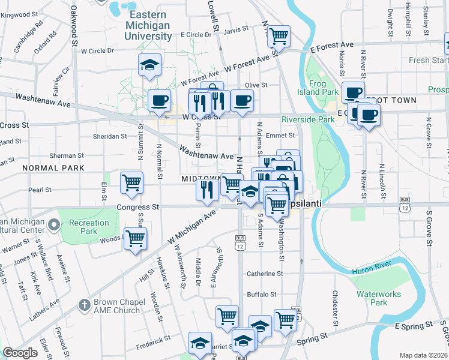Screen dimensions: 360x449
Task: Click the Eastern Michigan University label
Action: pyautogui.click(x=148, y=26)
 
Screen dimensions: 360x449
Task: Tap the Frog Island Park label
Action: pyautogui.click(x=323, y=88)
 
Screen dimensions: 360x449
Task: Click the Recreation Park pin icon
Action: pyautogui.click(x=54, y=226)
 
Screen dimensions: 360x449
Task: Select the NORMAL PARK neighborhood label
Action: pyautogui.click(x=53, y=168)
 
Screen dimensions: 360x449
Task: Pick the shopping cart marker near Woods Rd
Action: pyautogui.click(x=136, y=239)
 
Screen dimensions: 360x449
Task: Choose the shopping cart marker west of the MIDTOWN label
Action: pyautogui.click(x=131, y=182)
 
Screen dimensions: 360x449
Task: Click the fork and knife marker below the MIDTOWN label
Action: pyautogui.click(x=205, y=190)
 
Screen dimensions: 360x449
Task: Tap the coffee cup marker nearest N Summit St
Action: pyautogui.click(x=159, y=100)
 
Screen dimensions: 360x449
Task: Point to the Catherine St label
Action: pyautogui.click(x=265, y=274)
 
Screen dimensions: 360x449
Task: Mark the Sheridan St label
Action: pyautogui.click(x=110, y=136)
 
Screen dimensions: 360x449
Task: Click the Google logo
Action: pyautogui.click(x=20, y=353)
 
